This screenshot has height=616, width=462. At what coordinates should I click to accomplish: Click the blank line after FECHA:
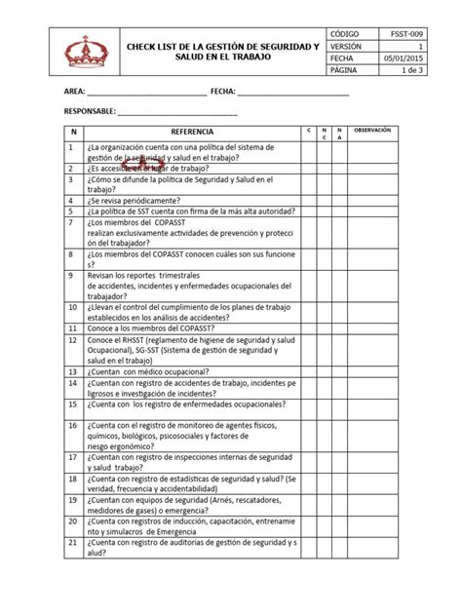pos(292,94)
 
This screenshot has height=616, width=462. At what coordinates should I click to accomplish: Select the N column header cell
pos(71,131)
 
